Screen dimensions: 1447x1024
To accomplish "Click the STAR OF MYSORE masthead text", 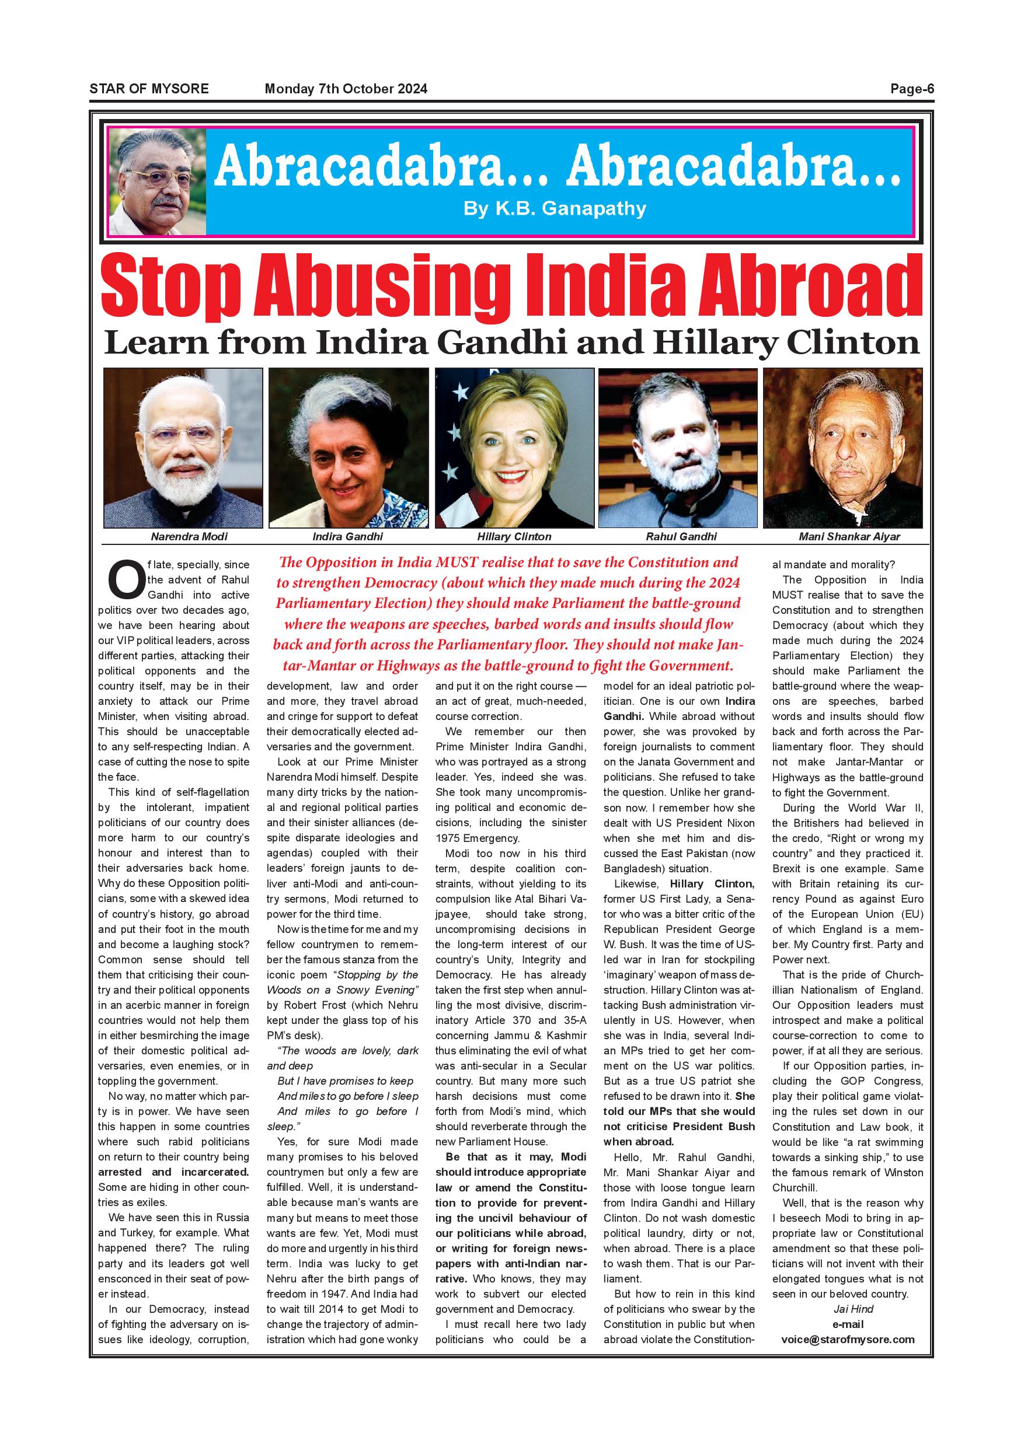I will pyautogui.click(x=149, y=89).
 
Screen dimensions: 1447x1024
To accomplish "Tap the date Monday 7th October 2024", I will pyautogui.click(x=346, y=89).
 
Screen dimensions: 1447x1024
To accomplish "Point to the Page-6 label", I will pyautogui.click(x=911, y=89).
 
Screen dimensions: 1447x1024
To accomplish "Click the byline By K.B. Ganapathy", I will pyautogui.click(x=554, y=209).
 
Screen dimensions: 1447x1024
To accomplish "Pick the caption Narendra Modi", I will pyautogui.click(x=189, y=537).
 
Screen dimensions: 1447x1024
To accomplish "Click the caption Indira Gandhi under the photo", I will pyautogui.click(x=347, y=537).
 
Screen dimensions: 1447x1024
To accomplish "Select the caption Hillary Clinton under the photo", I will pyautogui.click(x=514, y=537).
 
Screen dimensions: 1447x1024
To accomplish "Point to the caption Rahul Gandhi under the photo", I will pyautogui.click(x=681, y=537).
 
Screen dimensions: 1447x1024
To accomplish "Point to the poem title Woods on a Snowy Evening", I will pyautogui.click(x=342, y=990).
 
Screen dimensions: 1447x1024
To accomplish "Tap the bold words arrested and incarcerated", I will pyautogui.click(x=173, y=1172).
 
